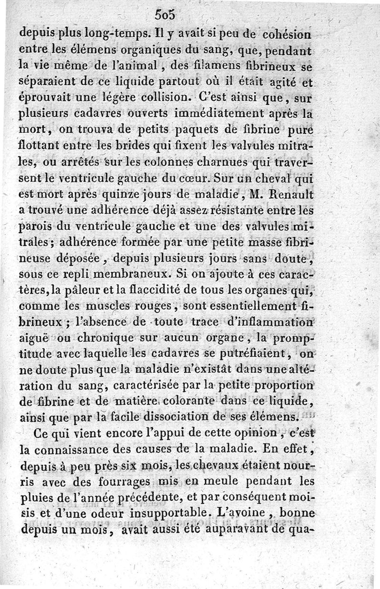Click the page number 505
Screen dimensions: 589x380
166,15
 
